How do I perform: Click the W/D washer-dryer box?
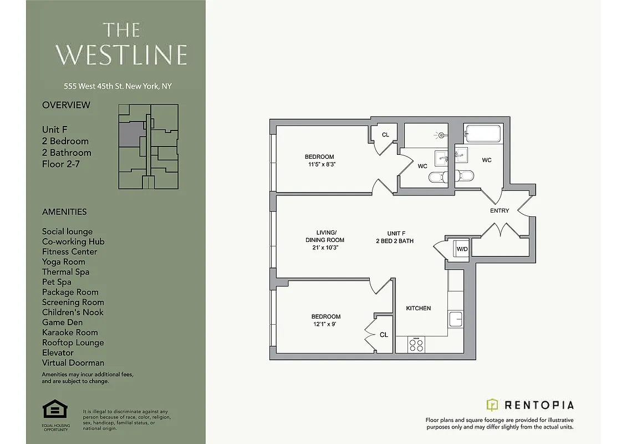[461, 249]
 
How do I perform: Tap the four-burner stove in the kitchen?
[416, 345]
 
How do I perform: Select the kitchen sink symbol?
[455, 319]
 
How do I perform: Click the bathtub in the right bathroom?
[483, 134]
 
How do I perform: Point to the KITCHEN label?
[418, 308]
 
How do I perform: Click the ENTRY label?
[499, 211]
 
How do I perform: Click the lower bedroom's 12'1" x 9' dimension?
[325, 324]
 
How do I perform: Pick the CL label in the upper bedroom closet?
[385, 135]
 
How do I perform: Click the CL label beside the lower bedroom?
[384, 335]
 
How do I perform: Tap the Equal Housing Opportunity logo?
[55, 411]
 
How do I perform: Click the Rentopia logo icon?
[492, 405]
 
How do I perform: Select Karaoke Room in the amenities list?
[70, 332]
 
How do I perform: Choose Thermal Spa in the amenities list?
[65, 272]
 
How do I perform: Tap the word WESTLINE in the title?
[121, 54]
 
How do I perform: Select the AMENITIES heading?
[64, 211]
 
